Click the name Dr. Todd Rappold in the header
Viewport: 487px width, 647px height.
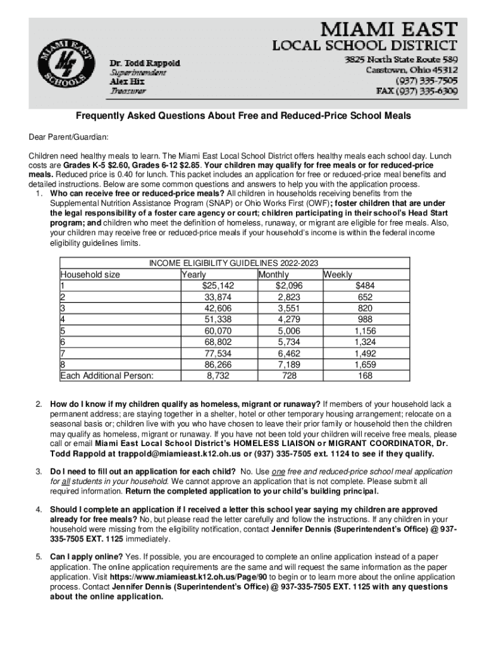click(145, 64)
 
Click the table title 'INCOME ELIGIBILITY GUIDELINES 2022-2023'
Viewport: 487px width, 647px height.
click(233, 263)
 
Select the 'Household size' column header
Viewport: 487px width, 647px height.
click(90, 275)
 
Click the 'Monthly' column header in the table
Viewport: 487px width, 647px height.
click(273, 275)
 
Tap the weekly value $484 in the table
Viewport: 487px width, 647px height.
click(365, 285)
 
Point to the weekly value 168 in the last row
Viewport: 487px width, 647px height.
click(366, 376)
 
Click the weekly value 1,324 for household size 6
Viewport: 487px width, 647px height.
click(364, 342)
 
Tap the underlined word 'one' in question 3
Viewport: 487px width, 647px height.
click(279, 472)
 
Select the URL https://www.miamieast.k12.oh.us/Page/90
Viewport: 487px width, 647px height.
click(192, 577)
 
